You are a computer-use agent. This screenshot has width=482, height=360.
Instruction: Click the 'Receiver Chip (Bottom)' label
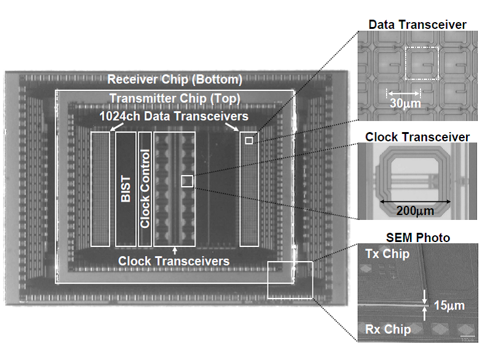point(175,80)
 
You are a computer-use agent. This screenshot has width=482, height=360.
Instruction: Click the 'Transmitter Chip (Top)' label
point(175,99)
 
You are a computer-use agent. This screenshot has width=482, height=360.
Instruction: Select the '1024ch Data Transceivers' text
point(175,116)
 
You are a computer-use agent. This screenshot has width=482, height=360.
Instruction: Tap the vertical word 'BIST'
point(125,189)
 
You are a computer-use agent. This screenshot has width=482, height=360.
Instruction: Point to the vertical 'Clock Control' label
point(145,189)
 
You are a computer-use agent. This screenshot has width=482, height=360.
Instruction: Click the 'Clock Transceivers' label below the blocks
point(175,261)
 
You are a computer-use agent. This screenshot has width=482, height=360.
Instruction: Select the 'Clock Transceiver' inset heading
point(417,136)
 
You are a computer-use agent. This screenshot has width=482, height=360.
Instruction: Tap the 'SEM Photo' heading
point(418,237)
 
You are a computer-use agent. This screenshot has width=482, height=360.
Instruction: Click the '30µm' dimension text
point(405,104)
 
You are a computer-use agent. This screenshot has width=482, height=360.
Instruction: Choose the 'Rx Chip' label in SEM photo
point(387,330)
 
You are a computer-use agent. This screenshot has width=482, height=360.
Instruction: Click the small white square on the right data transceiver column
point(248,141)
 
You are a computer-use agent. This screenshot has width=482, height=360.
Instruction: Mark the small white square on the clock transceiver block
point(188,181)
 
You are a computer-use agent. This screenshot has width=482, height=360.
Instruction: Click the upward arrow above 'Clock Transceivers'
point(175,250)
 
